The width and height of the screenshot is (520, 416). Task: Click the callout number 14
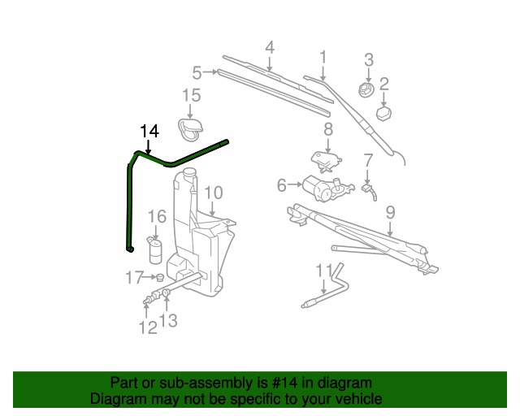click(x=149, y=131)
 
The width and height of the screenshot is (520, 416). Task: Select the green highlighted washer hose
click(x=130, y=203)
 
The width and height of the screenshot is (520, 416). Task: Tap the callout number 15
click(x=190, y=96)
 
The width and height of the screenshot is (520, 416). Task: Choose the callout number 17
click(x=134, y=278)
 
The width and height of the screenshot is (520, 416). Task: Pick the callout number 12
click(x=147, y=327)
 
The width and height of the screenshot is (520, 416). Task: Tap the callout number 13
click(x=167, y=321)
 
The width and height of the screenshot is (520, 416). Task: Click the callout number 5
click(x=197, y=71)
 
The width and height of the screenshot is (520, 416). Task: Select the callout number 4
click(x=269, y=47)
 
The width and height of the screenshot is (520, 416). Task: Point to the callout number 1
click(x=323, y=57)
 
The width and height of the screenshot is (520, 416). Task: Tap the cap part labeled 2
click(x=383, y=110)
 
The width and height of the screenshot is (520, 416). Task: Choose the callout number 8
click(x=328, y=129)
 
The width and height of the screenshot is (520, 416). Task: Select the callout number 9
click(x=390, y=213)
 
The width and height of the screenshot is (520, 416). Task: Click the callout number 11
click(x=323, y=271)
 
